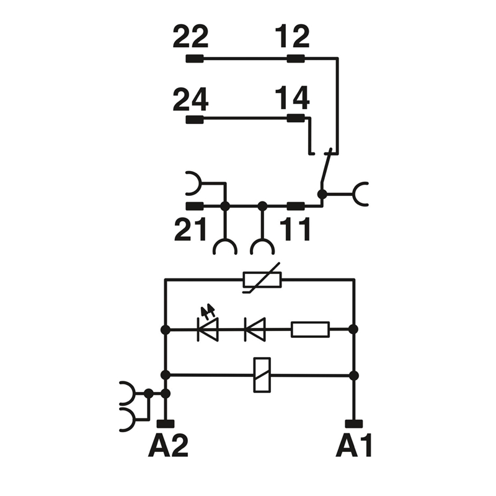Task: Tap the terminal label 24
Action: click(190, 99)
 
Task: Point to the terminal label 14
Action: click(292, 99)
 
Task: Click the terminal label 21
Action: click(190, 230)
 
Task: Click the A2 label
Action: click(167, 446)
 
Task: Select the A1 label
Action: click(355, 446)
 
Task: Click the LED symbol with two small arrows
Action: click(208, 329)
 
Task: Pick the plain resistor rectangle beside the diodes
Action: click(310, 329)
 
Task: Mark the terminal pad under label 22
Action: click(195, 60)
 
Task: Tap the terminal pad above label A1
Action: click(354, 424)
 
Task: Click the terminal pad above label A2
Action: click(165, 424)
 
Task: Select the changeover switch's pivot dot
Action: click(322, 194)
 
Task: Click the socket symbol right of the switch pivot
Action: click(360, 194)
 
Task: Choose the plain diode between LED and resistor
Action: click(255, 329)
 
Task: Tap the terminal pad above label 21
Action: click(195, 206)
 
